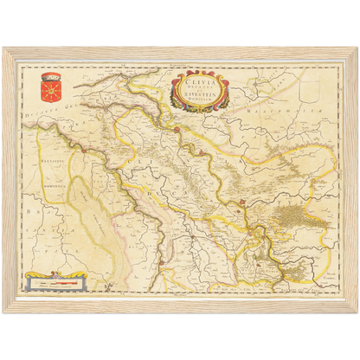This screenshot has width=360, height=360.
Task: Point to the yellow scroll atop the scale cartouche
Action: [57, 275]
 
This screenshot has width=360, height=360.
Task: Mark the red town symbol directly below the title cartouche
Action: [176, 129]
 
